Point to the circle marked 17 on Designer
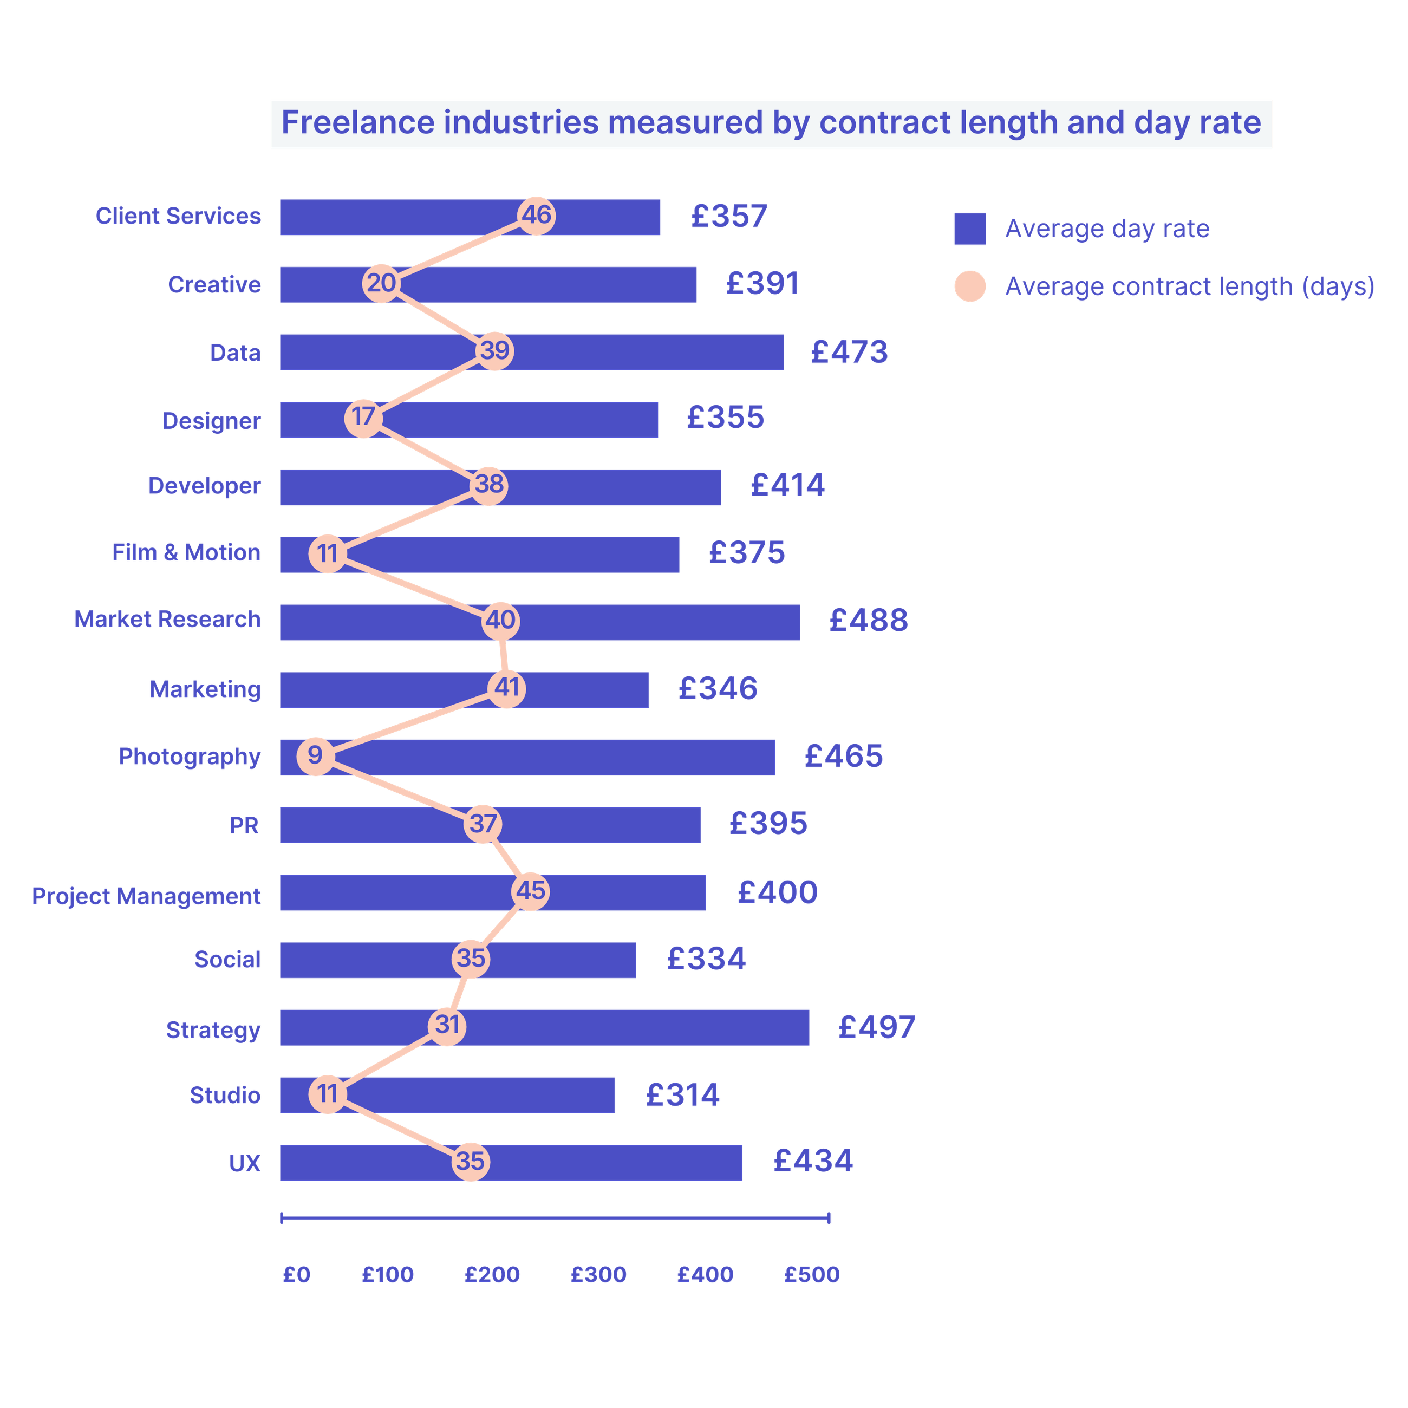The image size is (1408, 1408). (363, 418)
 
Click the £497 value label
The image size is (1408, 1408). (877, 1027)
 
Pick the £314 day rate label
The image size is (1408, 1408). (683, 1094)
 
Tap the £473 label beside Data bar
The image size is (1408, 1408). (850, 352)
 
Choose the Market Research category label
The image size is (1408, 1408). (168, 620)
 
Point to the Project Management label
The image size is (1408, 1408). (146, 896)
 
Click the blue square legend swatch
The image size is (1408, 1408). (969, 229)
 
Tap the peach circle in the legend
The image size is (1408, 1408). (969, 286)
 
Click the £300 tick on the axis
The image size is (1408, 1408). (598, 1275)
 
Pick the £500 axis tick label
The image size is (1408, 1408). (811, 1275)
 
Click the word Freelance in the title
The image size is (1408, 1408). (357, 122)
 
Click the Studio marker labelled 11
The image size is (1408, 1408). (327, 1094)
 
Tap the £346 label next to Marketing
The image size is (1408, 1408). (718, 688)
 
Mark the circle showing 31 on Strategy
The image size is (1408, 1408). (447, 1025)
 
